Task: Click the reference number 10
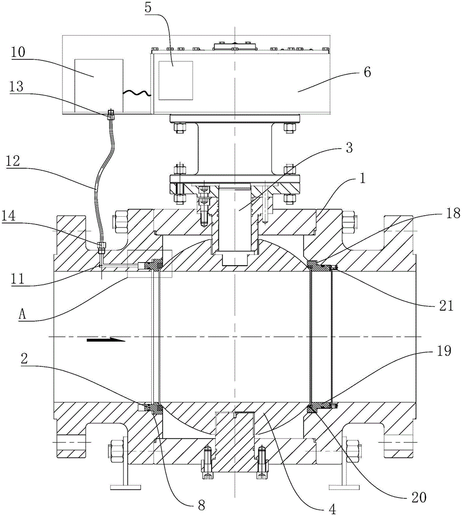coord(18,52)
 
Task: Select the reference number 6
coord(367,72)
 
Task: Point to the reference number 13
coord(17,86)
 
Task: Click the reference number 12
coord(13,161)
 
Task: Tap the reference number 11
coord(18,279)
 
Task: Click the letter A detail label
coord(22,314)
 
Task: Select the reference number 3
coord(349,148)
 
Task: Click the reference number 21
coord(447,305)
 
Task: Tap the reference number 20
coord(419,497)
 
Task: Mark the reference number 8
coord(201,505)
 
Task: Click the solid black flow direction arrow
coord(106,340)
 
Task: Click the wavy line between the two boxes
coord(137,93)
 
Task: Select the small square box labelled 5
coord(176,80)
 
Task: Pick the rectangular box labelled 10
coord(99,86)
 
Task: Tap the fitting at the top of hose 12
coord(111,114)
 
